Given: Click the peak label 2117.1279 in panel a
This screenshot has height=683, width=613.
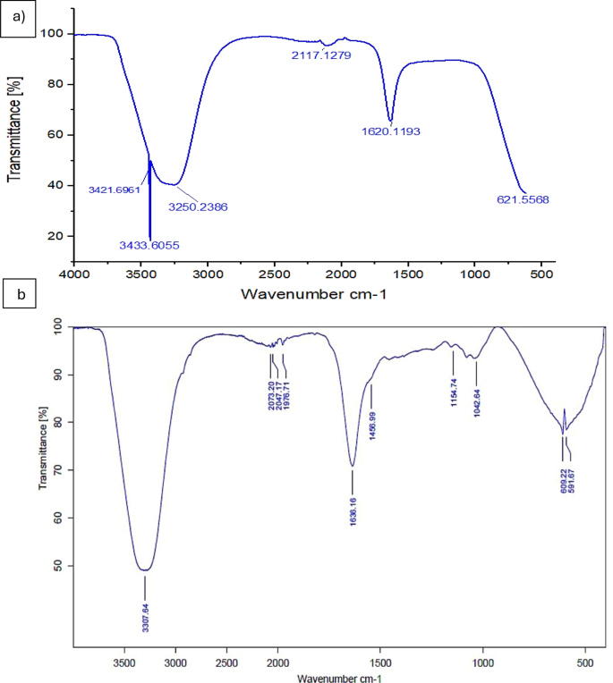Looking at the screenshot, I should [x=326, y=55].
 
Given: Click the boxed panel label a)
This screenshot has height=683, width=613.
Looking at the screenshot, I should [x=18, y=17].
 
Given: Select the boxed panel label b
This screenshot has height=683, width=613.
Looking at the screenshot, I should [x=18, y=292].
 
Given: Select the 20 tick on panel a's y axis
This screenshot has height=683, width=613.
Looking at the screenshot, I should [x=55, y=236].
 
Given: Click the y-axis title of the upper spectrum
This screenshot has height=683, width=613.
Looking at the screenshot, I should [x=14, y=130].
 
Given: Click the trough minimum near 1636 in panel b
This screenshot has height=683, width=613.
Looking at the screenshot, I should [x=353, y=466].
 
